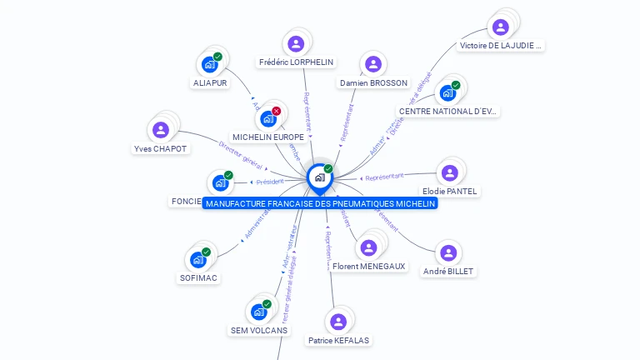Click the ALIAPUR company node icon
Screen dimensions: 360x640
click(x=209, y=64)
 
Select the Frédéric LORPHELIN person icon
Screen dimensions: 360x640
click(x=296, y=43)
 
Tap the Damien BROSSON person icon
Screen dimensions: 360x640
click(x=373, y=64)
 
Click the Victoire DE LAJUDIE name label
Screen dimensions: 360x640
click(x=502, y=46)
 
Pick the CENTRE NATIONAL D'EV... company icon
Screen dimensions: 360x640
click(x=447, y=92)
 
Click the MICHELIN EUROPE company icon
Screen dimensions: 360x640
click(x=267, y=118)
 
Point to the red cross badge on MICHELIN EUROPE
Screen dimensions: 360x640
click(x=277, y=111)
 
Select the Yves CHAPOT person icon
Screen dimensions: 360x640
click(x=161, y=130)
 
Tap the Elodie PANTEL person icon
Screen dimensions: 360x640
click(x=450, y=172)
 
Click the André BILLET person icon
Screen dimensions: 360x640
click(x=448, y=252)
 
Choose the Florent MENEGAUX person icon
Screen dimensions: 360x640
click(x=368, y=247)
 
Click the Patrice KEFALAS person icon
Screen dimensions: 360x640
click(x=338, y=322)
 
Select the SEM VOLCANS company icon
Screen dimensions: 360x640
click(x=258, y=312)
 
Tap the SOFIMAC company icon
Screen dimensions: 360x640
click(x=198, y=259)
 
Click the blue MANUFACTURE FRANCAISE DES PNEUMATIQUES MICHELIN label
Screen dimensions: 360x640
click(x=320, y=203)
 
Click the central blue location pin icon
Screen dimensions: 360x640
click(x=319, y=177)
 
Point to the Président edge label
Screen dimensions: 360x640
click(x=270, y=182)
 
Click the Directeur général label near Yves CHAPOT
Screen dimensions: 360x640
click(x=240, y=156)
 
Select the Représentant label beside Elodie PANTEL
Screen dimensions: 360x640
click(x=384, y=177)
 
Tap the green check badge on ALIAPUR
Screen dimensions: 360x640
click(x=217, y=57)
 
